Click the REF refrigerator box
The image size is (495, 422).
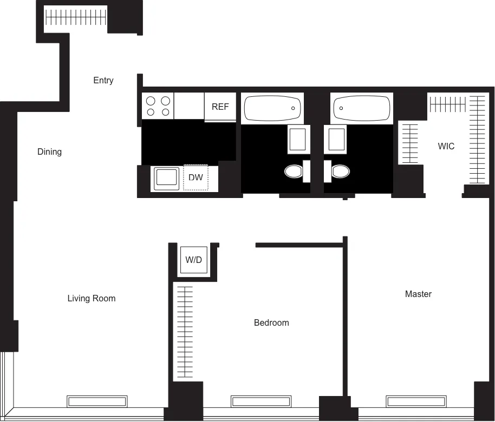tap(220, 107)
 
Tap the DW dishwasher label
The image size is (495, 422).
tap(196, 177)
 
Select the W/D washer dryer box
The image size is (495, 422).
tap(193, 260)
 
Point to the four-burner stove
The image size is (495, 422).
tap(158, 106)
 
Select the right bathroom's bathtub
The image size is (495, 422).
tap(361, 108)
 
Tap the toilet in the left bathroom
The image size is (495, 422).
tap(294, 172)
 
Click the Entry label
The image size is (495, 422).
tap(103, 80)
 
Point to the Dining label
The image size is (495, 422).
tap(49, 151)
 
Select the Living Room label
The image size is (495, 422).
tap(92, 298)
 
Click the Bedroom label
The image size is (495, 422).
tap(271, 322)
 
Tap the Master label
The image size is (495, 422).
tap(418, 294)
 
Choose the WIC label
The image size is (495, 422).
tap(446, 146)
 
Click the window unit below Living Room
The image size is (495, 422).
tap(97, 401)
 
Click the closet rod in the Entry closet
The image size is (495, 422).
tap(76, 18)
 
